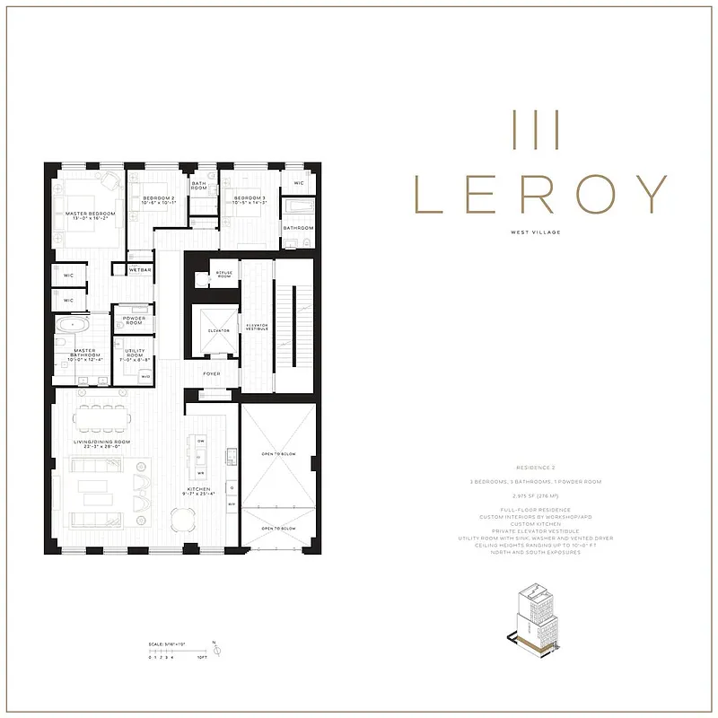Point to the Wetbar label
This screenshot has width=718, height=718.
click(140, 269)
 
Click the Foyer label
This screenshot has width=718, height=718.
click(212, 373)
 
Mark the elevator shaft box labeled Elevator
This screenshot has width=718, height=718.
click(215, 329)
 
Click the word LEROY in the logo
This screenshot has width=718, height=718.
click(539, 194)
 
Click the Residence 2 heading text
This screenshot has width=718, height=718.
click(538, 468)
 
